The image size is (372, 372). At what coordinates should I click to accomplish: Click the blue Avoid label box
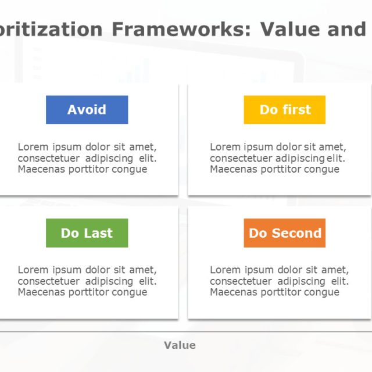87,110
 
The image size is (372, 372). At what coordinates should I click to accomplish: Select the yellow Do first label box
284,110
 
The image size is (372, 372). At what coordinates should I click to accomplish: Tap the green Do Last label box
87,233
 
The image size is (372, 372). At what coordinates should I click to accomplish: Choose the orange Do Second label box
284,233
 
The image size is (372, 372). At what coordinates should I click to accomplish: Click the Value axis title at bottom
180,345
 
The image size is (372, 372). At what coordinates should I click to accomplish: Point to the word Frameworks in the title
181,28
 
